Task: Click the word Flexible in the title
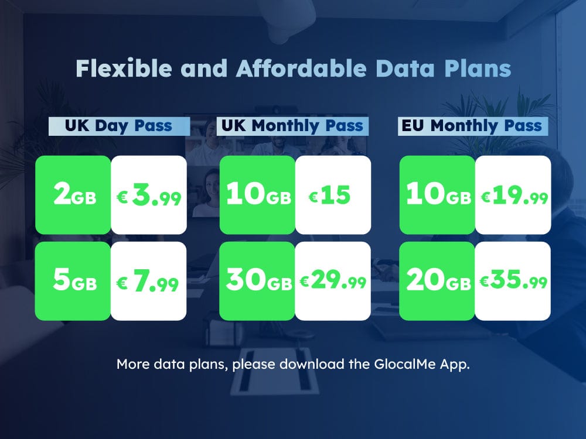coord(124,68)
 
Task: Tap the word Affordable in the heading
coord(301,68)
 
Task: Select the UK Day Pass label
coord(119,126)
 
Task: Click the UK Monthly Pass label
coord(292,126)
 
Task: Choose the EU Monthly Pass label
coord(473,126)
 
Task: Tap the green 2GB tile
coord(73,195)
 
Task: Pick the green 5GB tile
coord(73,281)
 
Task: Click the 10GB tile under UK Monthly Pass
coord(257,195)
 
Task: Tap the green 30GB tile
coord(257,281)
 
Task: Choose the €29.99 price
coord(333,281)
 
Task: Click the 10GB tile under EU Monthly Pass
coord(438,195)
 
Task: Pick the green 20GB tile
coord(437,281)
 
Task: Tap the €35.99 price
coord(513,281)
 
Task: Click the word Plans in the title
coord(478,68)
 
